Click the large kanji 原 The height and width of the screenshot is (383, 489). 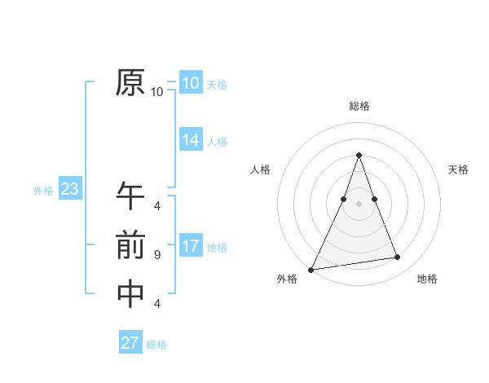130,83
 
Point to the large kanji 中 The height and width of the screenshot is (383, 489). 130,294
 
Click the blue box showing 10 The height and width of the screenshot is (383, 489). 190,83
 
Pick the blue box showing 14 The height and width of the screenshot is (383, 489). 190,140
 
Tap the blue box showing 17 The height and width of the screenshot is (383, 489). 190,246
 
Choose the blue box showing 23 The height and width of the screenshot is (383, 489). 69,190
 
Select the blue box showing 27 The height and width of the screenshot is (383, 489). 130,343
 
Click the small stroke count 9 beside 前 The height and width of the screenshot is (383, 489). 157,255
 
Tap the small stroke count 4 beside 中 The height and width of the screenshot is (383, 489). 157,304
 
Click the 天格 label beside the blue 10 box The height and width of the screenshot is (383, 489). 217,84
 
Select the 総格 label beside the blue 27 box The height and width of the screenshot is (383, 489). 156,345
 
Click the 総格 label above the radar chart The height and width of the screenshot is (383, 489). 359,106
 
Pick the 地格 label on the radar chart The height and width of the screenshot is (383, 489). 427,279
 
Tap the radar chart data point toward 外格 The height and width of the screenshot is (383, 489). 311,269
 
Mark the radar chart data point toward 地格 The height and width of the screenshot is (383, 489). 398,258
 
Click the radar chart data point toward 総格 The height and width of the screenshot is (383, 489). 359,155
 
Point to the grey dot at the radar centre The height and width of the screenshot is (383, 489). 359,205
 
